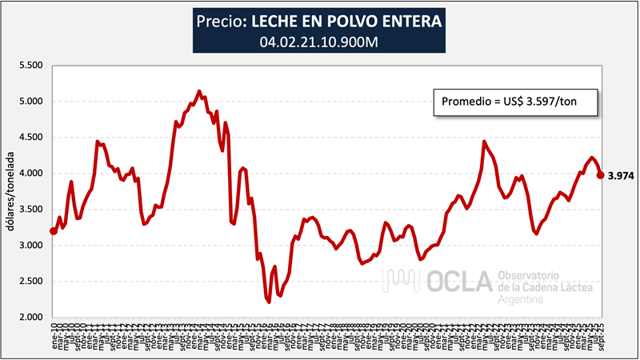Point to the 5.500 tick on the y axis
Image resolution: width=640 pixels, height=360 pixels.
[x=30, y=65]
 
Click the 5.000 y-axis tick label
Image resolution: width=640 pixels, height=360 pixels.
[x=30, y=102]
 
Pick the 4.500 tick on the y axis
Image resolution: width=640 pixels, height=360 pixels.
[x=30, y=138]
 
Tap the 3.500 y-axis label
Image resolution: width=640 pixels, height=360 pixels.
[x=30, y=210]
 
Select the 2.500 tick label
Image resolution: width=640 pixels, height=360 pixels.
[x=30, y=282]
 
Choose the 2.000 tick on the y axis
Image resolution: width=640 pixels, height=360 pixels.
[x=30, y=318]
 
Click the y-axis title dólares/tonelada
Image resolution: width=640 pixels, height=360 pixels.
[x=11, y=192]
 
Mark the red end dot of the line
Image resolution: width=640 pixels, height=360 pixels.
[x=601, y=175]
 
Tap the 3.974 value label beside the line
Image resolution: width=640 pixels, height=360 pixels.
[x=621, y=176]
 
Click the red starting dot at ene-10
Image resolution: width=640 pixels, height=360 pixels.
[x=54, y=231]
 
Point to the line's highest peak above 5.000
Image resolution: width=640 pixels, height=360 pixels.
[x=199, y=92]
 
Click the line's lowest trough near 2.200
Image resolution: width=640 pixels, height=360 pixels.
[x=269, y=302]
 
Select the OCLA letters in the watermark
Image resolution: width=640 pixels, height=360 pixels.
[x=452, y=281]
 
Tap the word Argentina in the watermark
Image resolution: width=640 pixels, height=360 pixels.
[x=521, y=299]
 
